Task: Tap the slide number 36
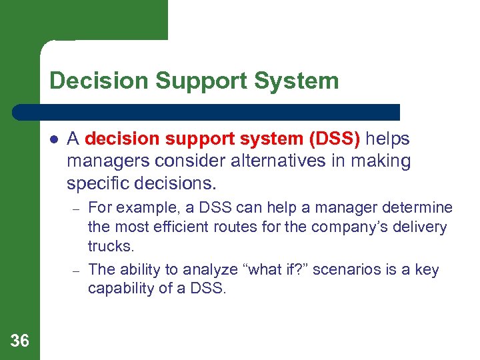click(x=20, y=341)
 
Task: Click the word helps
click(x=387, y=139)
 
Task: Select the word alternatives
click(x=271, y=161)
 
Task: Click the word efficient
click(x=176, y=227)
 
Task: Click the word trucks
click(x=110, y=246)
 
